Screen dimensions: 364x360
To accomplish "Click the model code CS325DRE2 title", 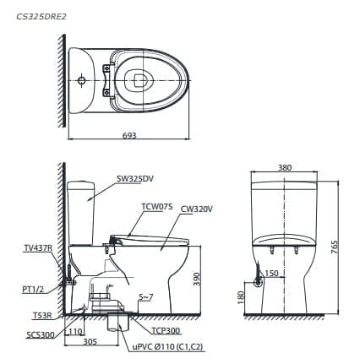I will (43, 14).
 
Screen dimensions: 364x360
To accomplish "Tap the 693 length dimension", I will (129, 135).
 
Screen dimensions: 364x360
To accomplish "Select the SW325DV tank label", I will (135, 179).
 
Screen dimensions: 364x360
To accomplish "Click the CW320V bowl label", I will (196, 208).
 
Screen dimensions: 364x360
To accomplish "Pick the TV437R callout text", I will (37, 248).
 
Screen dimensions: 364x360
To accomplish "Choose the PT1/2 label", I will (34, 288).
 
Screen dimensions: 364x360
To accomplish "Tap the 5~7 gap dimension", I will (147, 297).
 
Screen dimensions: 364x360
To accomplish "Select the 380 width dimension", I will (285, 168).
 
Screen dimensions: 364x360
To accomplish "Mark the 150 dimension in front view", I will (272, 273).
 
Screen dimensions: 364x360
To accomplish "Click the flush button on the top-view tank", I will (80, 81).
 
